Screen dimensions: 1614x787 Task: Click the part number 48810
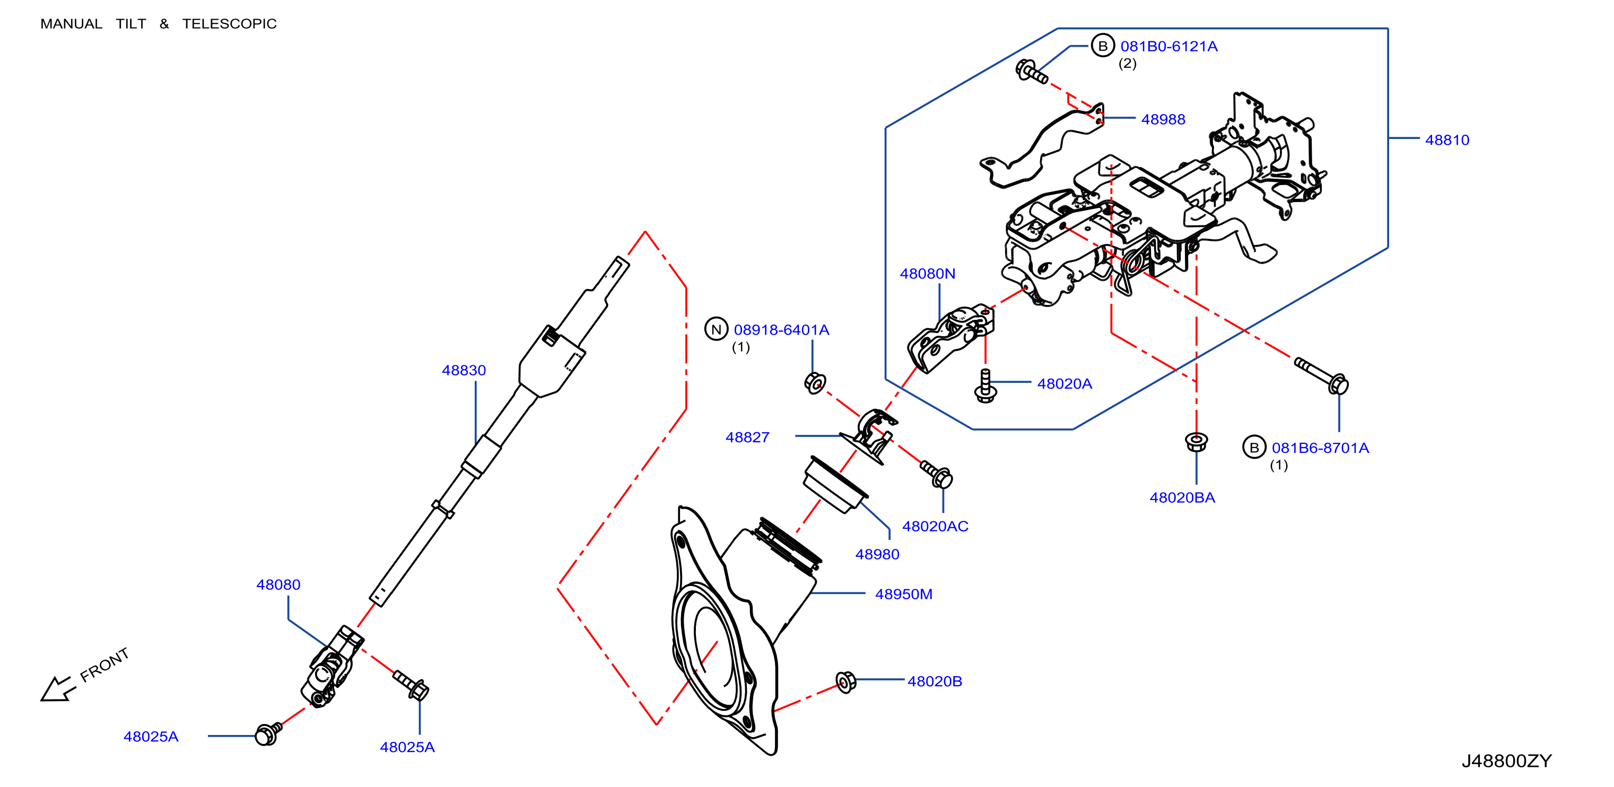click(x=1447, y=139)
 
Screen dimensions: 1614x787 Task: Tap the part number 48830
click(x=464, y=370)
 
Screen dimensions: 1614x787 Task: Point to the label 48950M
click(x=903, y=594)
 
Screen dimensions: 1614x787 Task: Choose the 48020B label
click(x=935, y=681)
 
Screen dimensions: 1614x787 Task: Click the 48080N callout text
click(x=927, y=274)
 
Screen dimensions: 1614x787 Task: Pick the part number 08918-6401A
click(x=781, y=329)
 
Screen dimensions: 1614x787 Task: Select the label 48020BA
click(x=1182, y=497)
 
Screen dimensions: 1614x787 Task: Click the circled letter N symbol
click(x=716, y=329)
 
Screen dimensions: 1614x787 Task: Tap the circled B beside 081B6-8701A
click(x=1254, y=448)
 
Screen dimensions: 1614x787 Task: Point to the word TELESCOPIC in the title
click(x=229, y=24)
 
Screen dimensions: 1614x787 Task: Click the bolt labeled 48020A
click(x=985, y=386)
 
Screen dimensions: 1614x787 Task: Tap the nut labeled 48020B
click(x=845, y=682)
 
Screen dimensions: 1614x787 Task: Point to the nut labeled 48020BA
click(x=1197, y=442)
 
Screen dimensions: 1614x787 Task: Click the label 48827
click(x=747, y=438)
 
